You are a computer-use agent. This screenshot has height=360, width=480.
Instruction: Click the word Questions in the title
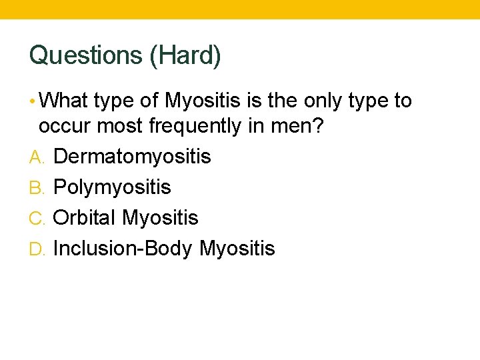click(x=86, y=56)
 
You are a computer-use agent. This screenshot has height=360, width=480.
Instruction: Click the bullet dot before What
click(x=33, y=101)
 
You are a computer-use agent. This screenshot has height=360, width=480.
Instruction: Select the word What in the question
click(x=64, y=101)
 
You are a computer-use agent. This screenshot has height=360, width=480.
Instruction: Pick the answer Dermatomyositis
click(x=132, y=157)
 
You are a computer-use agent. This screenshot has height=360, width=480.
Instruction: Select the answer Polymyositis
click(x=112, y=188)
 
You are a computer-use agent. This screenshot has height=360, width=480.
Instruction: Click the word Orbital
click(x=85, y=218)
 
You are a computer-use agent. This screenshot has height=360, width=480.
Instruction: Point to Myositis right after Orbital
click(x=160, y=218)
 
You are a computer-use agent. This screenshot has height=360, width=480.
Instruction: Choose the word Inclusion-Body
click(x=123, y=249)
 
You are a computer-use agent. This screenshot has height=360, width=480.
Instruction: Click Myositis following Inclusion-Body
click(x=237, y=249)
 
